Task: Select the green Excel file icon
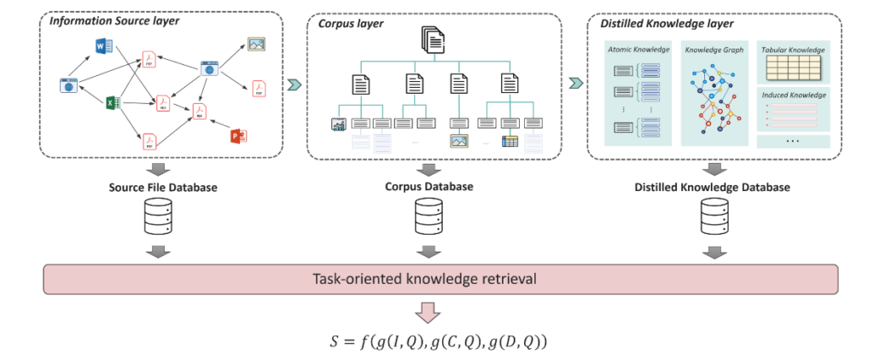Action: pyautogui.click(x=111, y=103)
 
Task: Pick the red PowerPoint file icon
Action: pyautogui.click(x=238, y=136)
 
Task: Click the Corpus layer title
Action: pyautogui.click(x=351, y=25)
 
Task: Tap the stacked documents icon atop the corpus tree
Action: pyautogui.click(x=433, y=40)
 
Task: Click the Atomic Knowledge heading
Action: pyautogui.click(x=638, y=51)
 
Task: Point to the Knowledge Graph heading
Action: pyautogui.click(x=715, y=51)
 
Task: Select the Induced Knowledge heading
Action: pyautogui.click(x=793, y=95)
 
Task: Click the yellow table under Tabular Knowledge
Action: pyautogui.click(x=793, y=67)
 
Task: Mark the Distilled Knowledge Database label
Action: pyautogui.click(x=711, y=186)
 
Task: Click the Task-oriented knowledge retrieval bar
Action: pyautogui.click(x=436, y=279)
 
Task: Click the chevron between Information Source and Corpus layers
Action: pyautogui.click(x=294, y=84)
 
